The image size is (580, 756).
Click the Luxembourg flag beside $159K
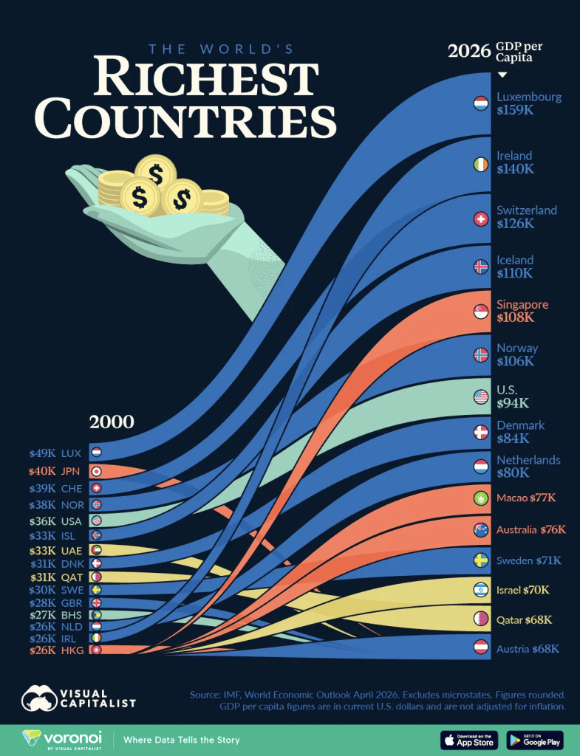click(480, 103)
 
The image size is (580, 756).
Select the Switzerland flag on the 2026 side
click(480, 219)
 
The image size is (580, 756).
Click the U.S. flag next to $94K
click(480, 396)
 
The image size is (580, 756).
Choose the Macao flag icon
click(480, 498)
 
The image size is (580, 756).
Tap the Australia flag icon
click(480, 530)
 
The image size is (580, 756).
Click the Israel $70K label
click(523, 590)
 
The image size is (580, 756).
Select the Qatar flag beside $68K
click(480, 619)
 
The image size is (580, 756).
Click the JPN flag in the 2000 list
click(97, 471)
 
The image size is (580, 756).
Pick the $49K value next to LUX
click(42, 453)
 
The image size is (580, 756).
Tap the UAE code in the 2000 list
click(72, 551)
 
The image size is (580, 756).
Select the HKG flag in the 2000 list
click(97, 650)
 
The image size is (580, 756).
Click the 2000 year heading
click(112, 422)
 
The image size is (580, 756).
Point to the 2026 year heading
click(469, 51)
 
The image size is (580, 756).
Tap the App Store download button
click(470, 740)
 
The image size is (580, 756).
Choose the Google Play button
click(535, 740)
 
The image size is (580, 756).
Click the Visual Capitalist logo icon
click(39, 698)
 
